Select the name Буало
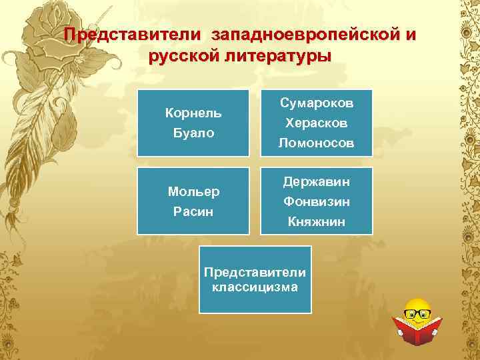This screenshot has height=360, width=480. coord(193,133)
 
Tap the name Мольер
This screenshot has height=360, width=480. coord(193,192)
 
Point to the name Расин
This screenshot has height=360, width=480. coord(193,211)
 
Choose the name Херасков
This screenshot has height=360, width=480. coord(317,123)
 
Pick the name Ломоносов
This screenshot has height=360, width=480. coord(317,143)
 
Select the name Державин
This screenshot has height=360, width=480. coord(317,181)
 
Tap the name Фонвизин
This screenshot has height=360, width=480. coord(317,201)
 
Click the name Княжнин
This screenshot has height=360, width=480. coord(317,221)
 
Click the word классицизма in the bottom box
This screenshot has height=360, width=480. coord(255,287)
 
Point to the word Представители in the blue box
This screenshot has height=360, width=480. coord(255,273)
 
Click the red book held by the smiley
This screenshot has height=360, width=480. coord(417,329)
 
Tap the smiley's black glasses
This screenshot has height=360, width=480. coord(418,311)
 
